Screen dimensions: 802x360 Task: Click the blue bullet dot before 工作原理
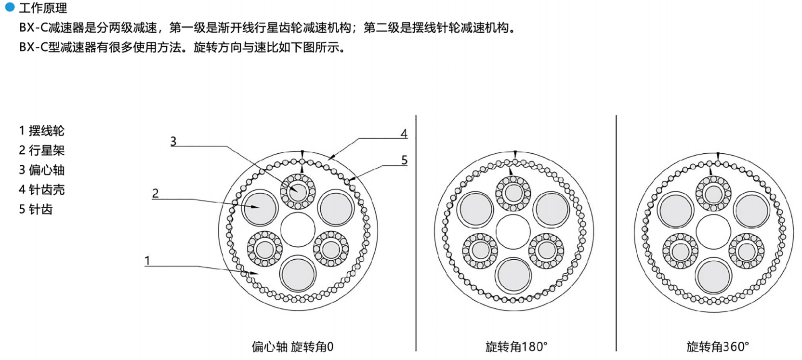click(x=10, y=7)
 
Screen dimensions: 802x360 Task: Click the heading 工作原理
click(x=43, y=8)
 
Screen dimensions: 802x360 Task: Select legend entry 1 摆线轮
click(x=41, y=131)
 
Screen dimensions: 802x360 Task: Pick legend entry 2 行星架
click(x=41, y=150)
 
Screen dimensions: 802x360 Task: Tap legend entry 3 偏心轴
click(x=41, y=170)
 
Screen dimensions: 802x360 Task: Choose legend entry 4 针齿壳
click(x=41, y=190)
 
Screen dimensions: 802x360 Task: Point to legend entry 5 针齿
click(x=36, y=210)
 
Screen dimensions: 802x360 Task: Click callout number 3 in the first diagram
click(x=173, y=141)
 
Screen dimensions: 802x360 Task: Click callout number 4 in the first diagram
click(x=404, y=133)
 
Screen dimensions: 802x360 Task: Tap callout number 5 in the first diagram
click(x=404, y=160)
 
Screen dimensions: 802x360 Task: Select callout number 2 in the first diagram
click(x=155, y=193)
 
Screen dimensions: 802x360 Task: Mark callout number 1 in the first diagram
click(x=147, y=260)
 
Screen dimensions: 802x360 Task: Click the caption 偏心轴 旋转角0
click(x=292, y=347)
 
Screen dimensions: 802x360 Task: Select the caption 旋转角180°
click(x=516, y=347)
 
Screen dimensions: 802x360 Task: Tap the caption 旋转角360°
click(x=718, y=347)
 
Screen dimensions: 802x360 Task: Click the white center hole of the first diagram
click(x=298, y=229)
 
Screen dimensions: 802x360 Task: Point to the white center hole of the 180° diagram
click(x=513, y=232)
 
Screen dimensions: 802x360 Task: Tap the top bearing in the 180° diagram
click(x=513, y=193)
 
